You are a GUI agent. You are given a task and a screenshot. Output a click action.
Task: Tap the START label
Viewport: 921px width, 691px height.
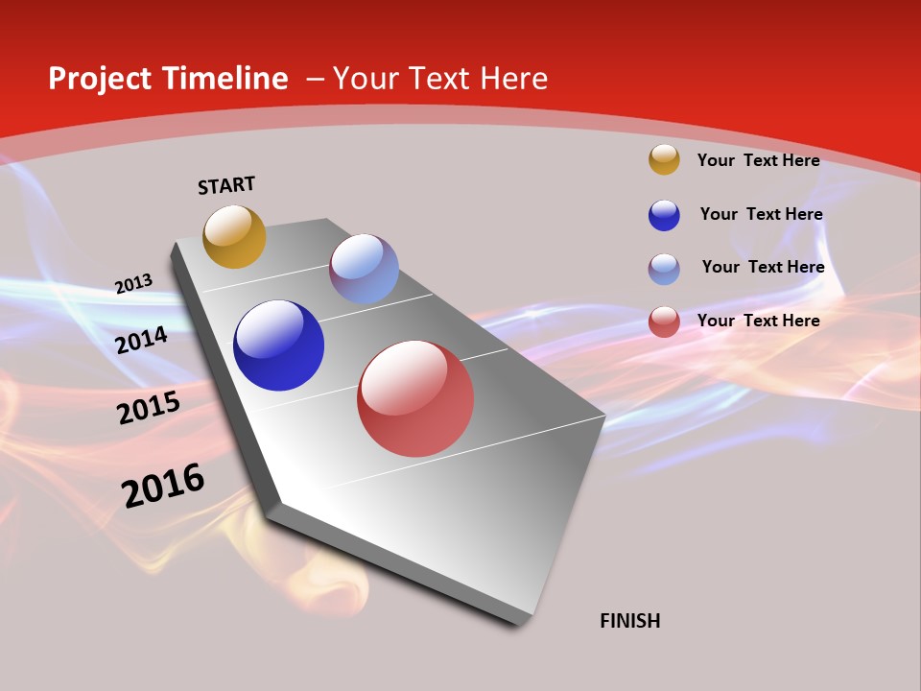[226, 185]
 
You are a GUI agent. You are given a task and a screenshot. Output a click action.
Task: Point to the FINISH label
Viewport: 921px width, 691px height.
[629, 621]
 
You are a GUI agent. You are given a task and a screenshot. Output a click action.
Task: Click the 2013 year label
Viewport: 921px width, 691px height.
[133, 284]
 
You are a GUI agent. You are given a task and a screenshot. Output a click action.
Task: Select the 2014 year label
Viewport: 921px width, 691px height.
[142, 340]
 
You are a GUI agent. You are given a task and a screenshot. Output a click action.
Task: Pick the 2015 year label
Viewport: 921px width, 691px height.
[149, 407]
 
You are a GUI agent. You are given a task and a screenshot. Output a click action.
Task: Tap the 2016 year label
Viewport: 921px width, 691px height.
[163, 486]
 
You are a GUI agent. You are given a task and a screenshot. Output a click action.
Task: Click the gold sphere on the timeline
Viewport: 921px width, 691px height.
[234, 236]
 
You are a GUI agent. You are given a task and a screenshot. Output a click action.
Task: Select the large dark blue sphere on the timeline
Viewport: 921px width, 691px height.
[278, 345]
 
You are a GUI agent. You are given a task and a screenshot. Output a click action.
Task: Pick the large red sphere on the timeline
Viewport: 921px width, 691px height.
[415, 398]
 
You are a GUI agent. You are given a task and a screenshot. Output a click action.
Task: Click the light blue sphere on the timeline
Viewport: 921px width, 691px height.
[364, 269]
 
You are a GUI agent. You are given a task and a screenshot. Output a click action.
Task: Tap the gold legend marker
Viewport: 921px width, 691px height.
[664, 159]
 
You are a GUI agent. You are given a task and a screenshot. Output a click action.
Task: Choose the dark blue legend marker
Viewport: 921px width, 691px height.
[664, 215]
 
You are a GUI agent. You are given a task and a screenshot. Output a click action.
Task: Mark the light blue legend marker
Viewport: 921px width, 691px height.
[664, 269]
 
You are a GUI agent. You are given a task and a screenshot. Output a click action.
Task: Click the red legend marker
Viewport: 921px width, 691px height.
[664, 322]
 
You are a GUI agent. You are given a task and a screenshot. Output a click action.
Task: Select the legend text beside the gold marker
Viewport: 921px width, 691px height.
[758, 160]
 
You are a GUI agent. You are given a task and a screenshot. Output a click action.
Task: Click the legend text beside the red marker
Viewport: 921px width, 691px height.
[758, 321]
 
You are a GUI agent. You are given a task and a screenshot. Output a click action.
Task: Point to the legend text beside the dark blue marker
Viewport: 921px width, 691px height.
[761, 214]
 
